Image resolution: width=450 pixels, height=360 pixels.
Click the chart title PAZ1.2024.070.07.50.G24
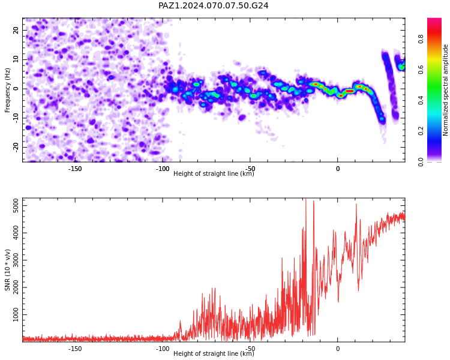[x=213, y=5]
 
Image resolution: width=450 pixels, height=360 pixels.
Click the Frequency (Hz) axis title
[x=7, y=90]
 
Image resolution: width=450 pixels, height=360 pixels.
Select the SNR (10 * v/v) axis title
[x=7, y=270]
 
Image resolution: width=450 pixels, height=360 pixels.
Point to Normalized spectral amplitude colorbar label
[x=445, y=90]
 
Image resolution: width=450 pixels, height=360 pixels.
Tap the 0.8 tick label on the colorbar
[x=421, y=39]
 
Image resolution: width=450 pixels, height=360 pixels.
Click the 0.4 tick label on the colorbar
[x=421, y=100]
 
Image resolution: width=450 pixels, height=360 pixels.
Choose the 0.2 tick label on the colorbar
[x=421, y=131]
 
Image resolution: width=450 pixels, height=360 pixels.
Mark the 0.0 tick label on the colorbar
[x=421, y=161]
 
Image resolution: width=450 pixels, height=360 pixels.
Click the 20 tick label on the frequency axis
[x=16, y=30]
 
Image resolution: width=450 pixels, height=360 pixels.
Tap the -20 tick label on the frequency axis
[x=16, y=147]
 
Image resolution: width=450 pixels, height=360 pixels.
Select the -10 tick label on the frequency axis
[x=16, y=118]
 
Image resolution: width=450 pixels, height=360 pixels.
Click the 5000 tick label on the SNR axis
[x=16, y=206]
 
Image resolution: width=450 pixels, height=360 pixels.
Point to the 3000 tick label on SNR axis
[x=16, y=260]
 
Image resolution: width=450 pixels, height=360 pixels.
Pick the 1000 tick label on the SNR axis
[x=16, y=314]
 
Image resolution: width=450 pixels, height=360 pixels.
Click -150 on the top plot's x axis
[x=75, y=169]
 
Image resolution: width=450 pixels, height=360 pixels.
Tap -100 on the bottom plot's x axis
[x=163, y=349]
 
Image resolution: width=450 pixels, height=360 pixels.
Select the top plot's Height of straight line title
[x=214, y=173]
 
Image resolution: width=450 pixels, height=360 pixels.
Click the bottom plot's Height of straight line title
[x=214, y=353]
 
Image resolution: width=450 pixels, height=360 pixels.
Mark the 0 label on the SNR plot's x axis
[x=337, y=349]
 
